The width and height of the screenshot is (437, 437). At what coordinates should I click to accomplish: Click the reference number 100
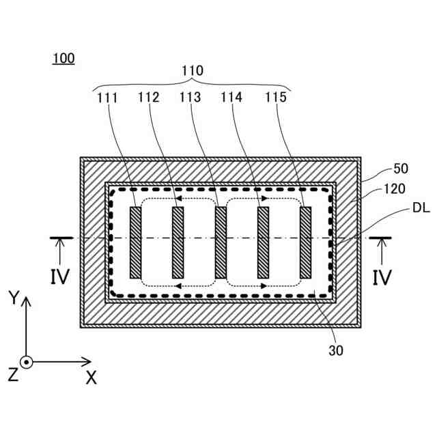tap(64, 59)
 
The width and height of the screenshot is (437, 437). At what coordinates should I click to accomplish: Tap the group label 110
tap(192, 71)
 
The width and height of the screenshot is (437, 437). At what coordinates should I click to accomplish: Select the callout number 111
tap(107, 98)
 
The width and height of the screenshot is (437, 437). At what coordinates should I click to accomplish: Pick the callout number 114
tap(231, 98)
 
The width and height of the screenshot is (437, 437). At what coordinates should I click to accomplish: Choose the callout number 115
tap(276, 98)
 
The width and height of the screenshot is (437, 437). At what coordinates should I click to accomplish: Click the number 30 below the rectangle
tap(335, 352)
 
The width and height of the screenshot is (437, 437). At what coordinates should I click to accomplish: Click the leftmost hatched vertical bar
tap(135, 242)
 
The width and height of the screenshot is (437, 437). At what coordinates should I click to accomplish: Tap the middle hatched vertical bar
tap(221, 242)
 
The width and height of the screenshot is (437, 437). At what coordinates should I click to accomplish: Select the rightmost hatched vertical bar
tap(306, 242)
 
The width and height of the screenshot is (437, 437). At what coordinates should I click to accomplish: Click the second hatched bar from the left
tap(178, 242)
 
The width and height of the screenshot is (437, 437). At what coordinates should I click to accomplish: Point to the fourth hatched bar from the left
tap(264, 242)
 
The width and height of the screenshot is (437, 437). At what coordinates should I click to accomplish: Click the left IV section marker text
tap(59, 277)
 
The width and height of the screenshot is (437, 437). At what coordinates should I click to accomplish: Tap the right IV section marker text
tap(381, 277)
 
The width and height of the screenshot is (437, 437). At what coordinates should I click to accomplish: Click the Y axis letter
tap(13, 297)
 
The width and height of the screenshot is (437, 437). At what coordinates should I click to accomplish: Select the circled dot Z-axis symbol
tap(26, 363)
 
